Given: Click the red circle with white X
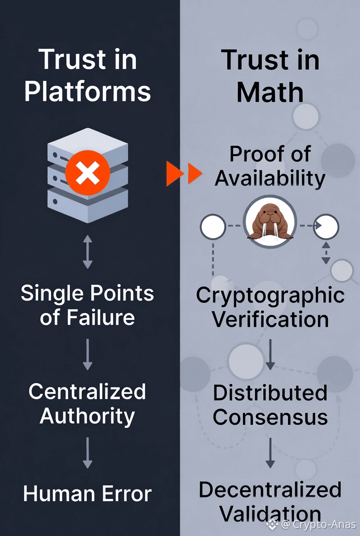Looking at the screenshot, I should [x=87, y=174].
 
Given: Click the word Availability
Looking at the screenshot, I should [x=270, y=178].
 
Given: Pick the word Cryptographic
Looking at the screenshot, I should [x=270, y=296].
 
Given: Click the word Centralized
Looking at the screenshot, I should [x=87, y=391].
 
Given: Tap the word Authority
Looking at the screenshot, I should [x=87, y=416].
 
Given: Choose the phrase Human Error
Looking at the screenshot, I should [x=87, y=494].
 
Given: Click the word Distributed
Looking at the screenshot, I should [x=270, y=393].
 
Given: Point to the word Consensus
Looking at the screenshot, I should [x=270, y=417].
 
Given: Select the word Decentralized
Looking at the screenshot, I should [x=270, y=490].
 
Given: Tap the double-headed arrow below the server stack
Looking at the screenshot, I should [x=87, y=252].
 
